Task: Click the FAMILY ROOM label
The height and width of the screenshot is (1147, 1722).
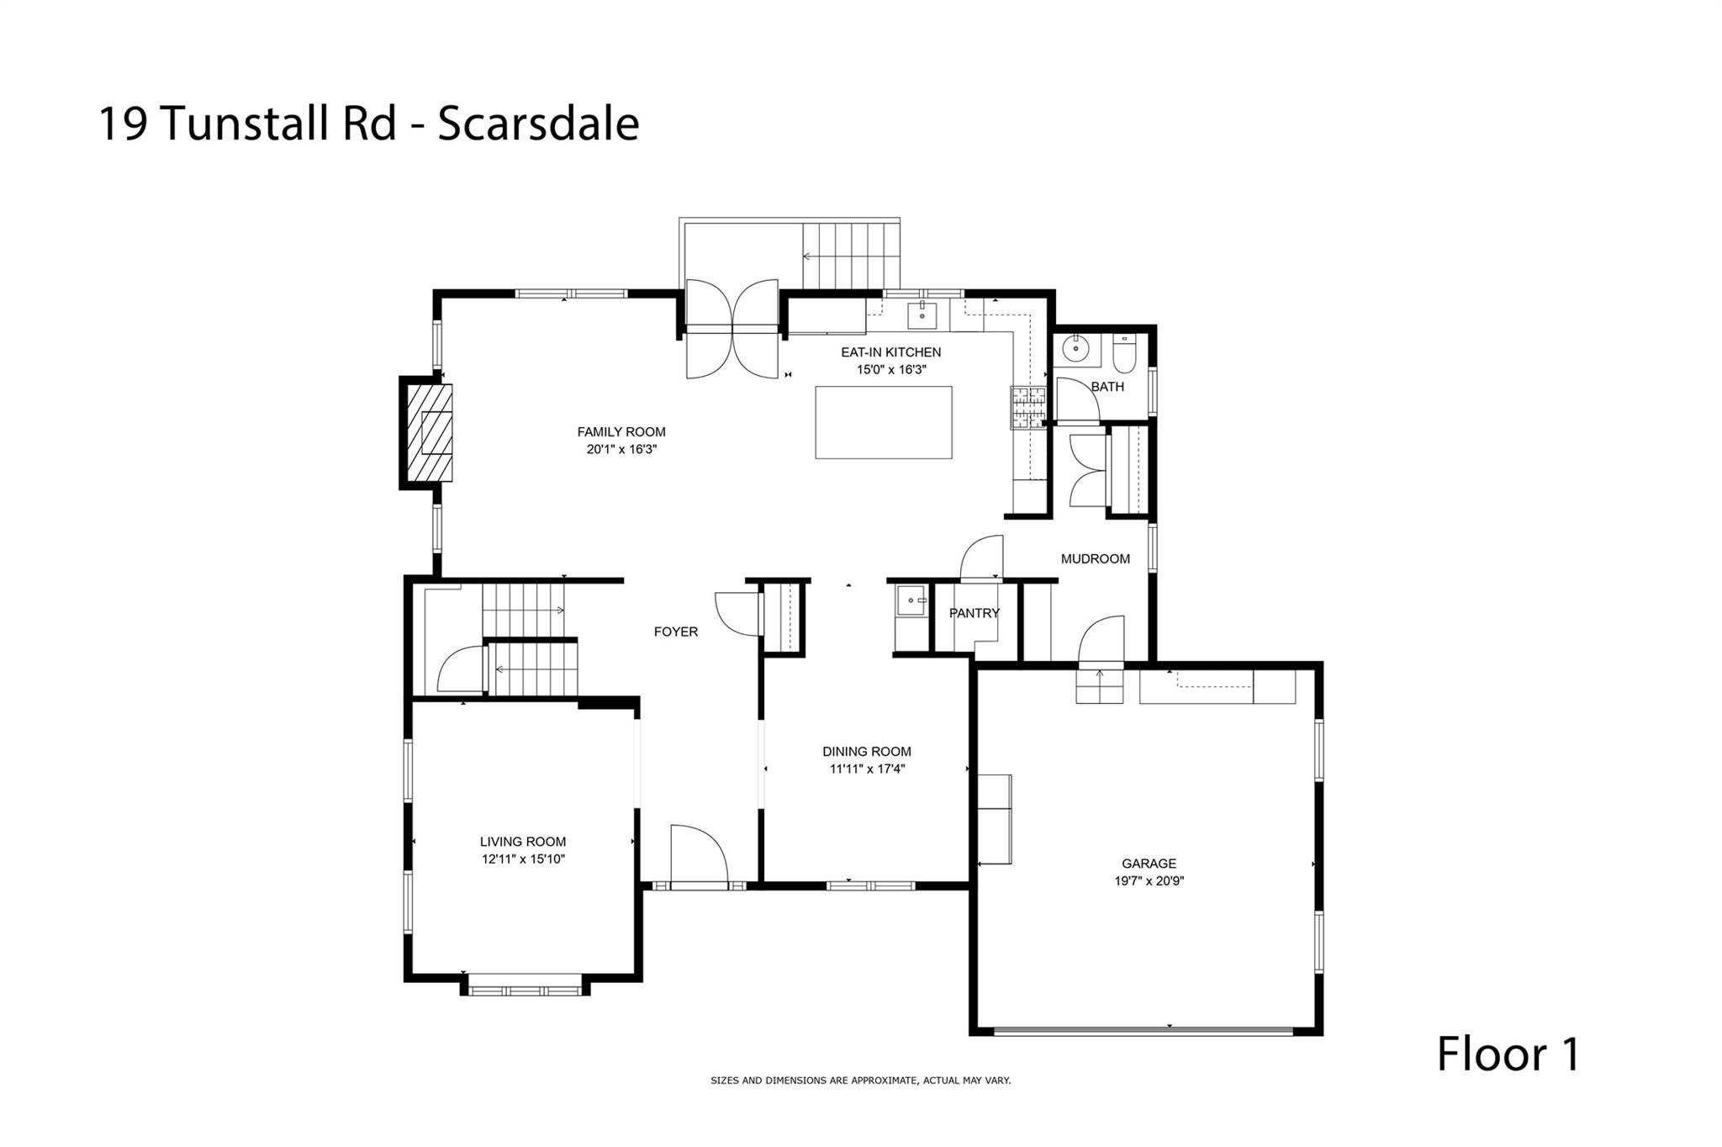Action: (621, 432)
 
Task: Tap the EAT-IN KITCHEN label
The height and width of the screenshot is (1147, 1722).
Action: (890, 352)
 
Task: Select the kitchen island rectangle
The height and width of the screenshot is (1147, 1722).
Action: (884, 422)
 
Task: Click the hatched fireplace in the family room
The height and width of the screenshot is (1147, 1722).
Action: (430, 433)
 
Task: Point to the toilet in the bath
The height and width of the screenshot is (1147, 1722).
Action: (1124, 355)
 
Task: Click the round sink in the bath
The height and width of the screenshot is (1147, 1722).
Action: (1075, 348)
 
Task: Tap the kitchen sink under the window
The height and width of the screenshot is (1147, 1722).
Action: (922, 314)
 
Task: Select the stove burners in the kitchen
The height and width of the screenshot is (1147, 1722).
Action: (1028, 407)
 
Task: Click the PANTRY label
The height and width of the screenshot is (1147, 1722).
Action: (975, 613)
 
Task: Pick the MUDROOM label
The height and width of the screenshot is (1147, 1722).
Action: (1096, 558)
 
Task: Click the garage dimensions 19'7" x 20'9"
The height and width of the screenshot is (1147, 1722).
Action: (1149, 881)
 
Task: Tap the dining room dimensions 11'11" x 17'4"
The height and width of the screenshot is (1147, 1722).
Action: (867, 769)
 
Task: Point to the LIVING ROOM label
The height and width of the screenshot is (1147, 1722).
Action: (523, 842)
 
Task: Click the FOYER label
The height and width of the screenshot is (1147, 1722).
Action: (676, 632)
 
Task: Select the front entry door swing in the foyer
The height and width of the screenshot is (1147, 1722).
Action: (700, 854)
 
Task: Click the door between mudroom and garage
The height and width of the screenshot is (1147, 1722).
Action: (1101, 640)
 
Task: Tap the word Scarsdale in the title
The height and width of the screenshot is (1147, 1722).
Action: (539, 124)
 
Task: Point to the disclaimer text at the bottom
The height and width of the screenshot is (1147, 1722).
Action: (861, 1081)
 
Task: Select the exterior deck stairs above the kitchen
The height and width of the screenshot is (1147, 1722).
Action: (851, 255)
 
